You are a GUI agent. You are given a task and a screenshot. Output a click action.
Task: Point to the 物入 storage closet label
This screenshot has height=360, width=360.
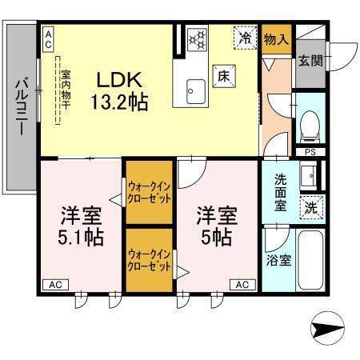277,38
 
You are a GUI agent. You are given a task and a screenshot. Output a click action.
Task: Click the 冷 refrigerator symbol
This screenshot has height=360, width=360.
244,37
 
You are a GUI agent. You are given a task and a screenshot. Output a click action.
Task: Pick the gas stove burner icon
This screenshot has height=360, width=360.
197,39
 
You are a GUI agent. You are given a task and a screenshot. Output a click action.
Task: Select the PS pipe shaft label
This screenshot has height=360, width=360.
309,152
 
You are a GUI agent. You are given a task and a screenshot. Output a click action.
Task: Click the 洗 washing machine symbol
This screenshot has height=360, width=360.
311,206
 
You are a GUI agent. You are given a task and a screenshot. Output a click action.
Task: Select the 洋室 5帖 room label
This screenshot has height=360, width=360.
216,226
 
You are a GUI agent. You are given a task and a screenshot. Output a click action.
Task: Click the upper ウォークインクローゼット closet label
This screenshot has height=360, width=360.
149,192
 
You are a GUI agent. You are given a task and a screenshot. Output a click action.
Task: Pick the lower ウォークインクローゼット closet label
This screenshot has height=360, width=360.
149,259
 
